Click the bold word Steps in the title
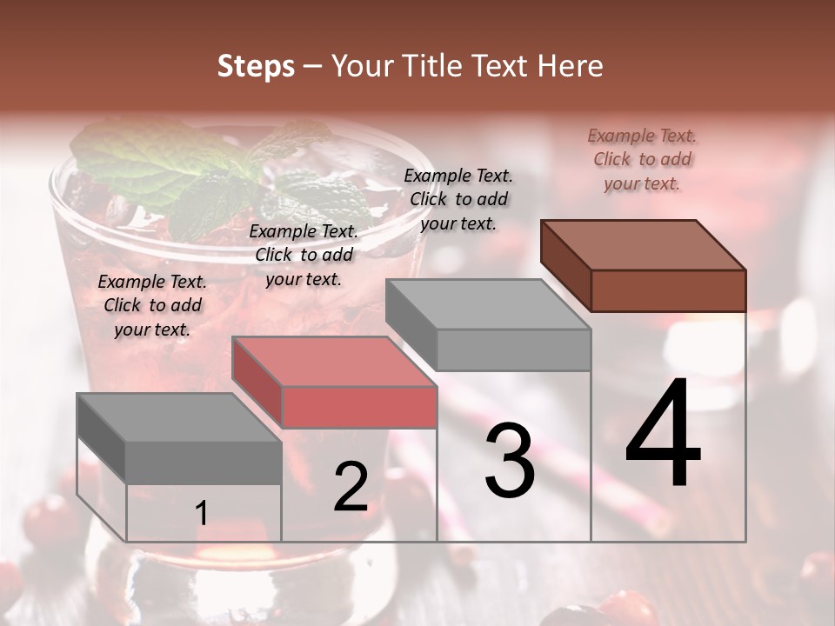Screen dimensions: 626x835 click(256, 66)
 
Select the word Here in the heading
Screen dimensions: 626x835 click(569, 66)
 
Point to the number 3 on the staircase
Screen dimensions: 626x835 click(510, 461)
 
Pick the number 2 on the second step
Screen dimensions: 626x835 click(351, 487)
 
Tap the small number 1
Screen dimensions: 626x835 click(202, 514)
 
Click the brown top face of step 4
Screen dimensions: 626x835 click(644, 245)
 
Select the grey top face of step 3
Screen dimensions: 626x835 click(488, 304)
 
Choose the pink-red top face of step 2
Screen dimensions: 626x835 click(334, 362)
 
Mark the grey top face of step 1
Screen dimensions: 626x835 click(179, 417)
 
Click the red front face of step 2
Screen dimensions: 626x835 click(359, 408)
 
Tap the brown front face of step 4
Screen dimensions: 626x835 click(668, 290)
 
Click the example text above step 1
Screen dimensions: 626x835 click(152, 305)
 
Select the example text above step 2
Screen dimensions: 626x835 click(304, 255)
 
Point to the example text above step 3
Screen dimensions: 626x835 click(458, 199)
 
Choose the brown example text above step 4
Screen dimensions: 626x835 click(642, 159)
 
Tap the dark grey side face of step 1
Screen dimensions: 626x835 click(101, 438)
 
